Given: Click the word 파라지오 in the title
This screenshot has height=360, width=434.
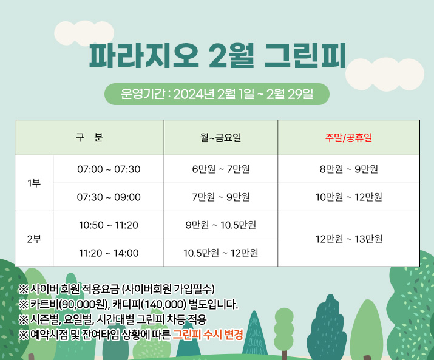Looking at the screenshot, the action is pos(144,55).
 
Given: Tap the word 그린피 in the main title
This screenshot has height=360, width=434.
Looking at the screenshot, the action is pos(305,55).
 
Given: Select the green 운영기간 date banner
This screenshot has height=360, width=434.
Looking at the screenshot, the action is pos(217,94).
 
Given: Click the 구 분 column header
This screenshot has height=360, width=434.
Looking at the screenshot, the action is pos(89,137).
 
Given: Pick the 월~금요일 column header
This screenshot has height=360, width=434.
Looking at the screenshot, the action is pos(221,137).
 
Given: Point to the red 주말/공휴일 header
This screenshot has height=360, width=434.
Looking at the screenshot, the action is pos(349,137).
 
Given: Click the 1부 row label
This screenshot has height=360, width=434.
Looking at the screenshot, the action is pos(34,183).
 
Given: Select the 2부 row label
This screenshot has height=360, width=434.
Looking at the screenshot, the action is pos(34,239).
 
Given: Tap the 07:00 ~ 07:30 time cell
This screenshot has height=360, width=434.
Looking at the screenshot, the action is pos(109,169).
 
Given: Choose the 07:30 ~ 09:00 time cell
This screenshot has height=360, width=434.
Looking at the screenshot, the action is pos(109,197).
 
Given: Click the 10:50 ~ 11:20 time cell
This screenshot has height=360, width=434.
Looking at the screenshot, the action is pos(109,225).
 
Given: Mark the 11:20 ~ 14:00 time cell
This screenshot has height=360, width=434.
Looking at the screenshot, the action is pos(109,253).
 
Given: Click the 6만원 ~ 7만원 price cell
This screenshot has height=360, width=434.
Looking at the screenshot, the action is pos(221,169).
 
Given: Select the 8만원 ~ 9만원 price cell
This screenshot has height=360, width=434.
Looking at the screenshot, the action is pos(349,169).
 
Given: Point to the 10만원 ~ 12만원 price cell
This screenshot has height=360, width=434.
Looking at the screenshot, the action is pos(349,197).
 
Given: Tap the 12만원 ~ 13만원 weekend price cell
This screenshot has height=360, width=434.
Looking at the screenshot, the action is pos(349,239).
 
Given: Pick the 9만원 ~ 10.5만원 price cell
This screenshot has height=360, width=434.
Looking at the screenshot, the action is pos(221,225).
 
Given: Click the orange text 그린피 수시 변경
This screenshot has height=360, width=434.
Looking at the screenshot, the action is pos(208,335).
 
